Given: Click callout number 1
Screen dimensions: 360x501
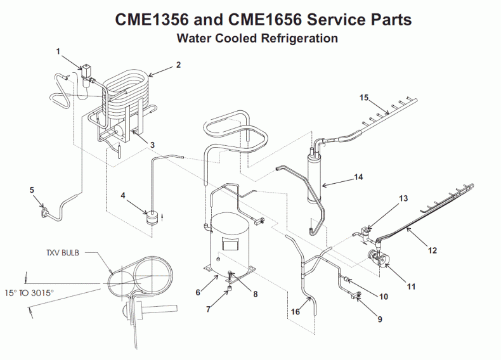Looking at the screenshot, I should pos(58,50).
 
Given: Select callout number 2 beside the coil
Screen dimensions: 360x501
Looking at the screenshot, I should pos(178,65).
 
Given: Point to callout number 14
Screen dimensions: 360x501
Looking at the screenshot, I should pos(358,177).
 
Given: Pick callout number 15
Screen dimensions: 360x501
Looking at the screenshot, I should pos(363,98).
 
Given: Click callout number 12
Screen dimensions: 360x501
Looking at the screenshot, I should pos(433,250).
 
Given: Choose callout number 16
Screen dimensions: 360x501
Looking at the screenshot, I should pos(296,312).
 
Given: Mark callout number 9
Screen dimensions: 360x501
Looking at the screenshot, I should pos(380,319).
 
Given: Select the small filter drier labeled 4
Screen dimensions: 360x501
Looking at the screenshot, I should pos(152,217).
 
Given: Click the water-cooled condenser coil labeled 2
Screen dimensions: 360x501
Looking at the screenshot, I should pos(127,95).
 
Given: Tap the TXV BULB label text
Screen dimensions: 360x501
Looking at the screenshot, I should pos(63,251).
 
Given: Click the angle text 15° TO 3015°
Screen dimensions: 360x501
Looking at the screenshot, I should pos(36,293).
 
